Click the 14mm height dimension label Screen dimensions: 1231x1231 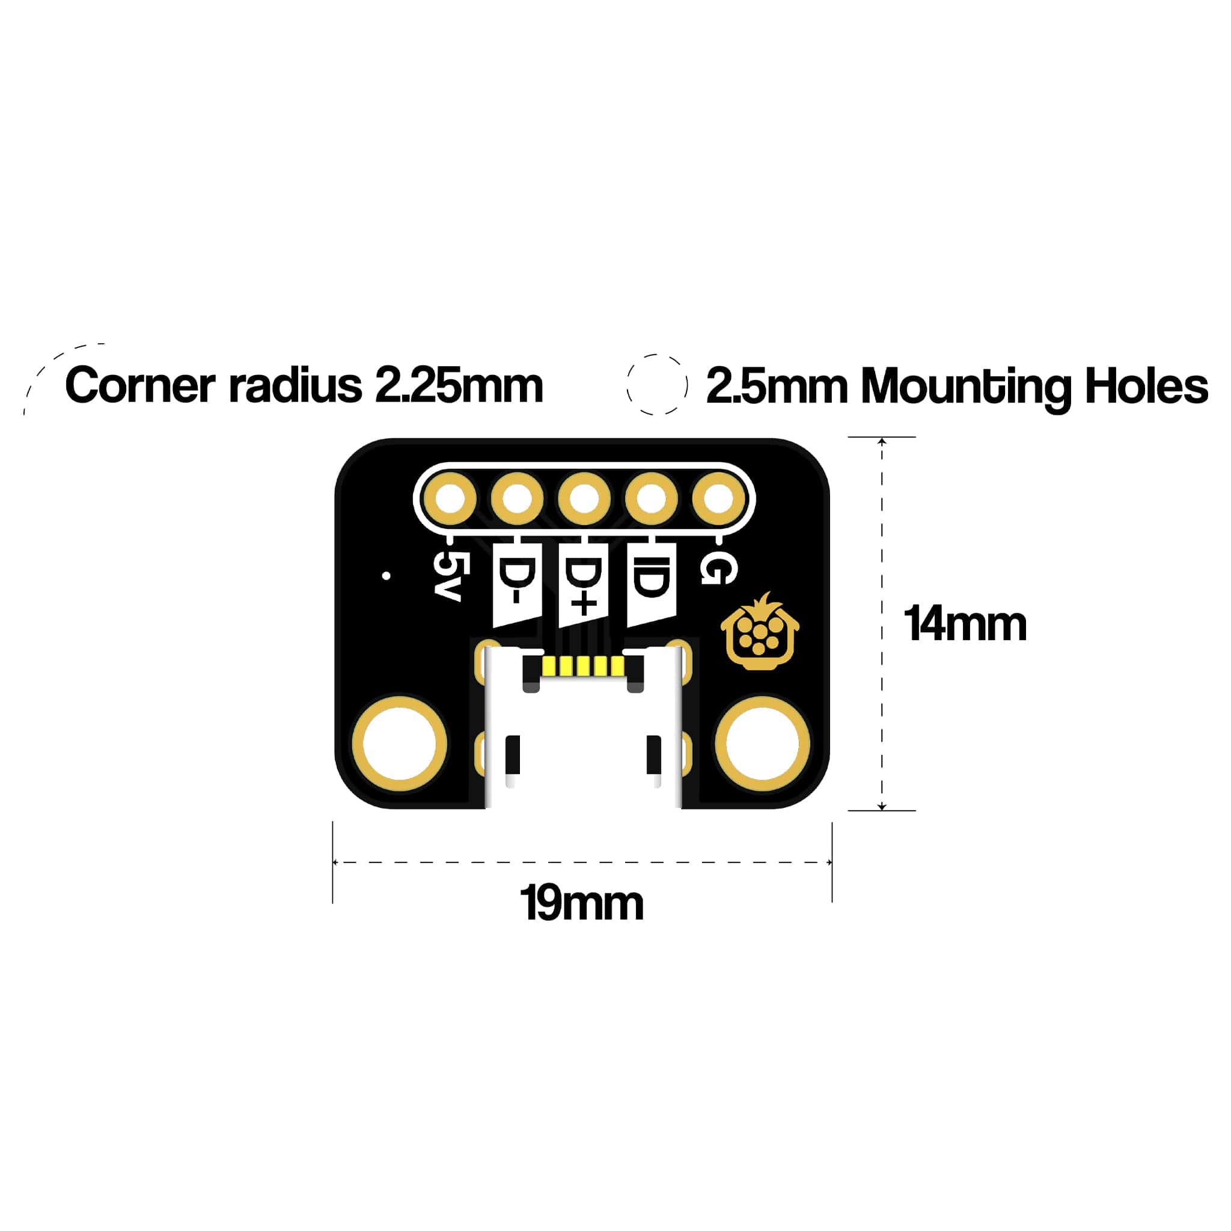tap(965, 624)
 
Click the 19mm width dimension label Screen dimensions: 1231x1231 tap(581, 903)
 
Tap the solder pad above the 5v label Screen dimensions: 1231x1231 tap(450, 499)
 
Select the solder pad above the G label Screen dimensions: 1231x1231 tap(718, 499)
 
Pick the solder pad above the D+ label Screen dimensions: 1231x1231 tap(584, 499)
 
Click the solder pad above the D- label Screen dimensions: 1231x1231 tap(517, 499)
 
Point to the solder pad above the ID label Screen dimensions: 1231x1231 tap(651, 499)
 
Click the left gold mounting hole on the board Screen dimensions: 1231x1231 tap(400, 744)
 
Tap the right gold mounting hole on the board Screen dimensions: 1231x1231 tap(762, 744)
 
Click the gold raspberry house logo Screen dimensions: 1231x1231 tap(760, 630)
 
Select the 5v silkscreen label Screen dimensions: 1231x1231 tap(448, 575)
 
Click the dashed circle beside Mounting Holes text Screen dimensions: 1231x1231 tap(657, 384)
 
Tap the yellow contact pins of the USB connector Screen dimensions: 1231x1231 tap(582, 667)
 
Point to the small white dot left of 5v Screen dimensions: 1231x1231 tap(386, 576)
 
